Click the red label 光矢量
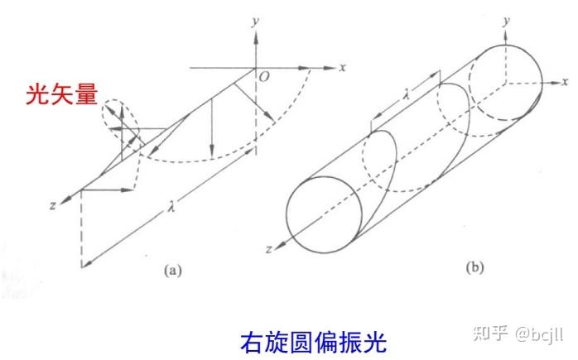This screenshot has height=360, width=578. pyautogui.click(x=52, y=96)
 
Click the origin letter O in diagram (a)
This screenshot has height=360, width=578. pyautogui.click(x=264, y=76)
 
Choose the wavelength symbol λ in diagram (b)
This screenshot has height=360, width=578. pyautogui.click(x=406, y=95)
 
